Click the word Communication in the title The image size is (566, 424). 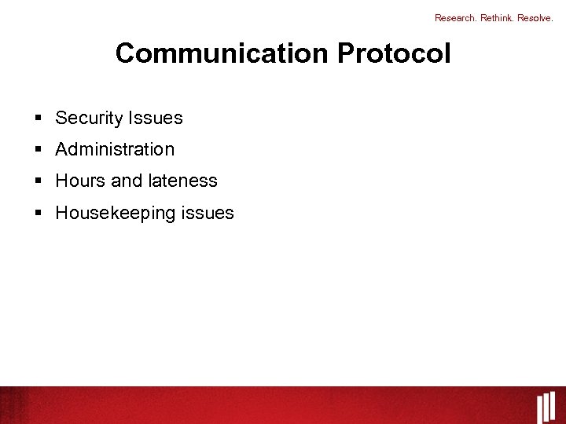click(x=222, y=53)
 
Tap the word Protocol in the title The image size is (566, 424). click(x=394, y=53)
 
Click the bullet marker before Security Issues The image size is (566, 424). click(x=38, y=119)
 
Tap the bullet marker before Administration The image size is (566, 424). click(x=38, y=150)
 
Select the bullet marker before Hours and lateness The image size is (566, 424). click(x=38, y=181)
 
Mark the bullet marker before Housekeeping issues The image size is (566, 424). click(x=38, y=213)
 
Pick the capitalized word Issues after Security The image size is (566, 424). click(x=156, y=119)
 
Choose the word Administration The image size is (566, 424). click(x=115, y=149)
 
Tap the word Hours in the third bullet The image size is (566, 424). click(x=80, y=181)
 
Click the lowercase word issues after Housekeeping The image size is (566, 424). click(x=208, y=213)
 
